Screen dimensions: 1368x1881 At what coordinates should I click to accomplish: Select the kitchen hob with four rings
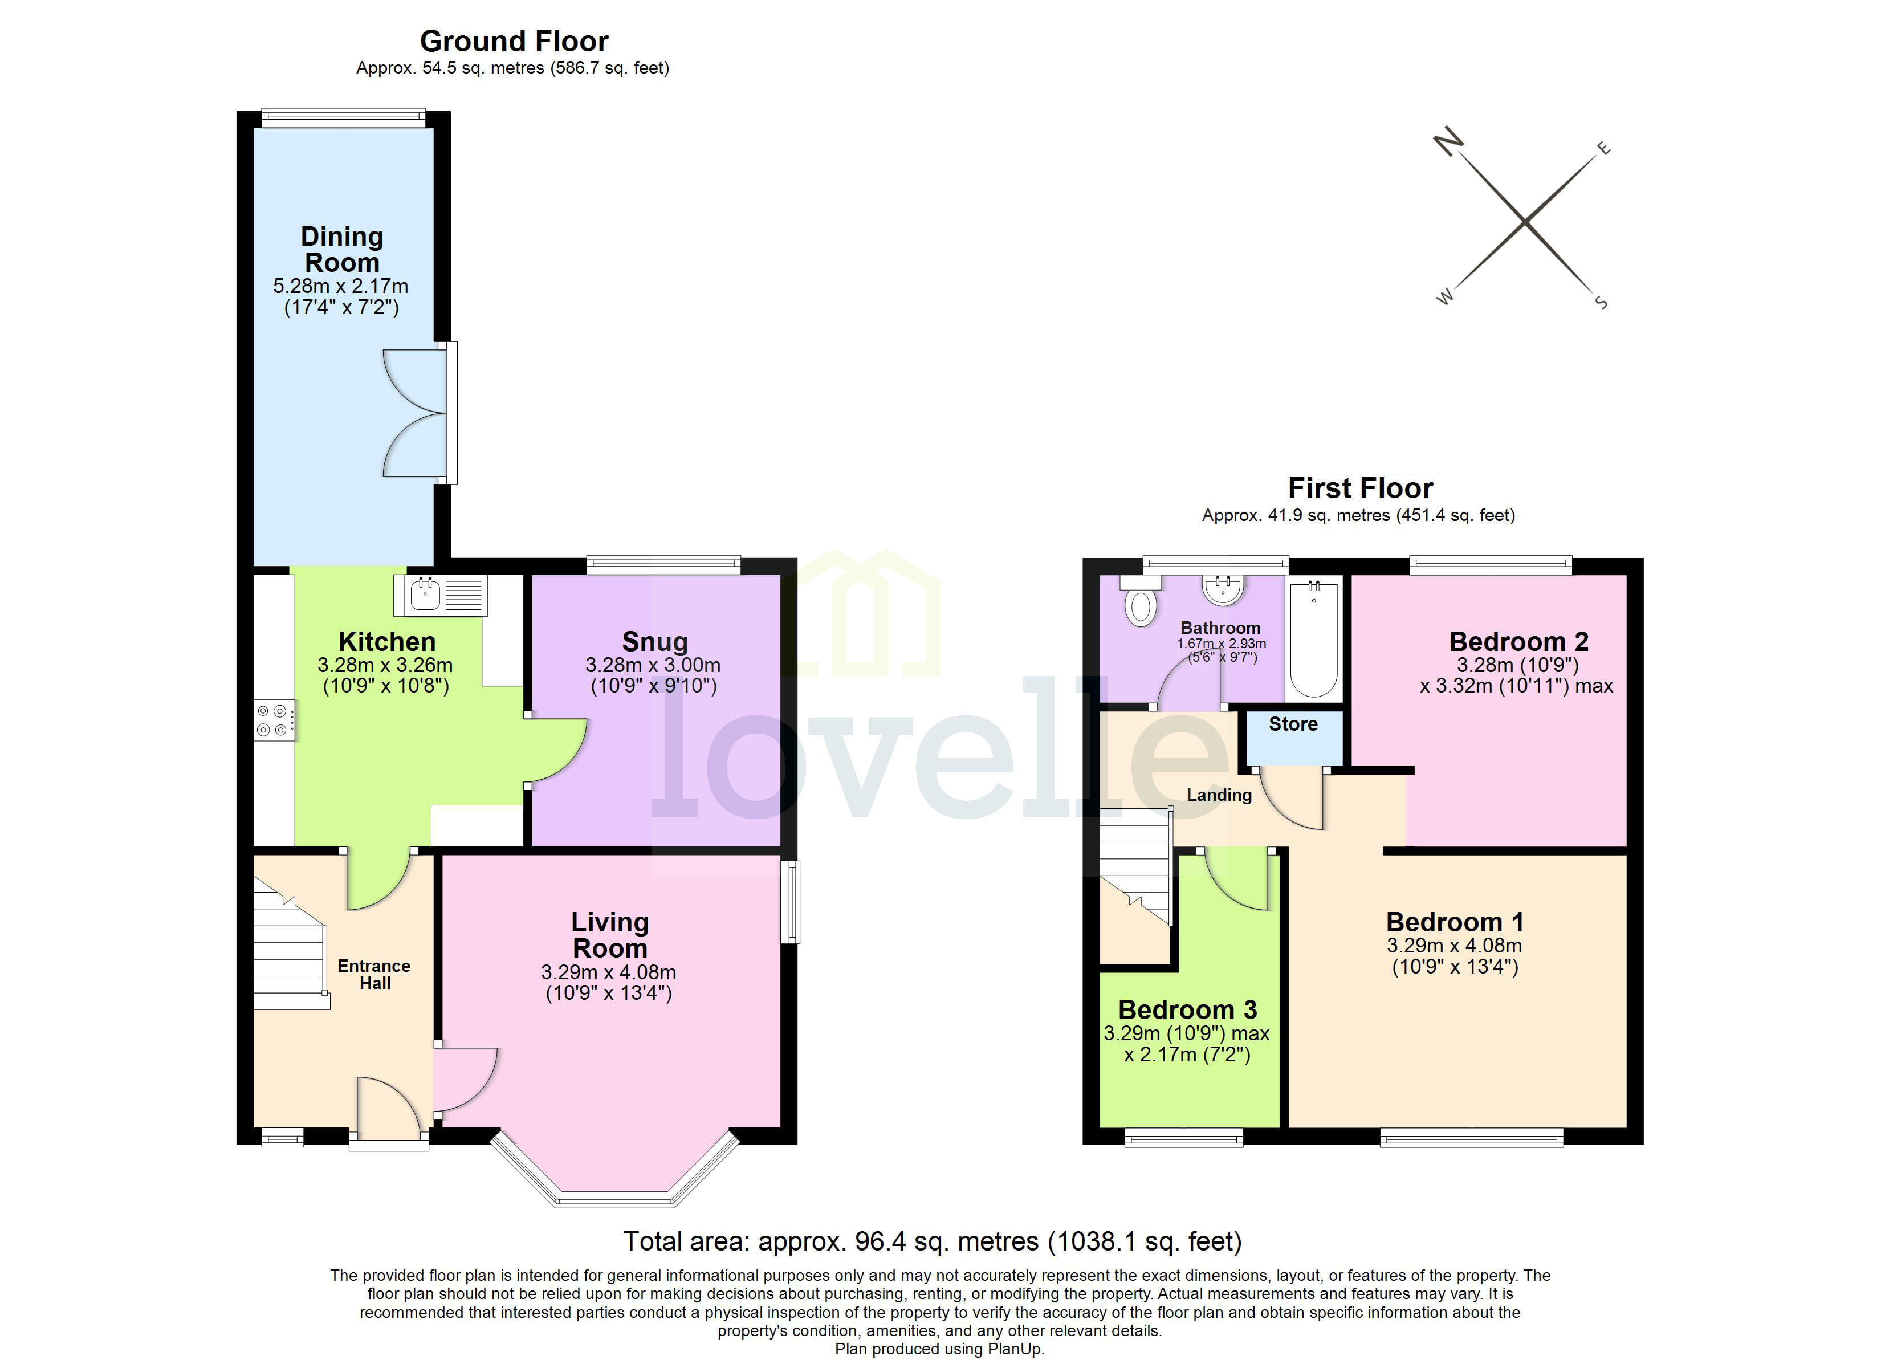point(274,720)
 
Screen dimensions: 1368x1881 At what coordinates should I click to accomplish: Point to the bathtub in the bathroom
point(1314,640)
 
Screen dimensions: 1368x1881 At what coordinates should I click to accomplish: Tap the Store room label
point(1292,724)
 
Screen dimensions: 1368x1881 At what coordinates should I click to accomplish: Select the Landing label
point(1218,795)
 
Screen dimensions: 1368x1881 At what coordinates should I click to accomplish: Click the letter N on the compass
point(1449,142)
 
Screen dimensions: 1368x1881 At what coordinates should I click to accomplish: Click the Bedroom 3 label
point(1187,1009)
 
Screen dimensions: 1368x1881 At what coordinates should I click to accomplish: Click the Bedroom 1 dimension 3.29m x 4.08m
point(1454,946)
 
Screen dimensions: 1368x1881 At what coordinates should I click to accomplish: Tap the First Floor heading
point(1359,488)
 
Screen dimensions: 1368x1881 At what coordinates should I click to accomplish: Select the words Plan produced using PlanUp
point(939,1349)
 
